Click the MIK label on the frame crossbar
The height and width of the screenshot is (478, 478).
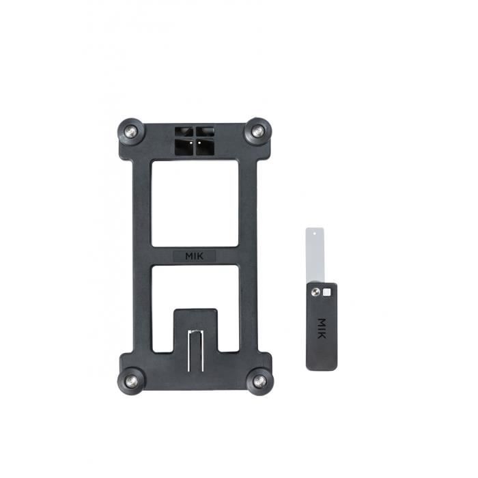(195, 256)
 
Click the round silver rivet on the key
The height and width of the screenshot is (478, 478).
(315, 292)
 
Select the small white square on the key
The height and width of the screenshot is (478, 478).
(326, 292)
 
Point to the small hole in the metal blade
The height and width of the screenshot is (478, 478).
(315, 234)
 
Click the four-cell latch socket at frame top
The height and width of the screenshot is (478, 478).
(195, 141)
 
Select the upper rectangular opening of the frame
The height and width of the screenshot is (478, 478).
(195, 203)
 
